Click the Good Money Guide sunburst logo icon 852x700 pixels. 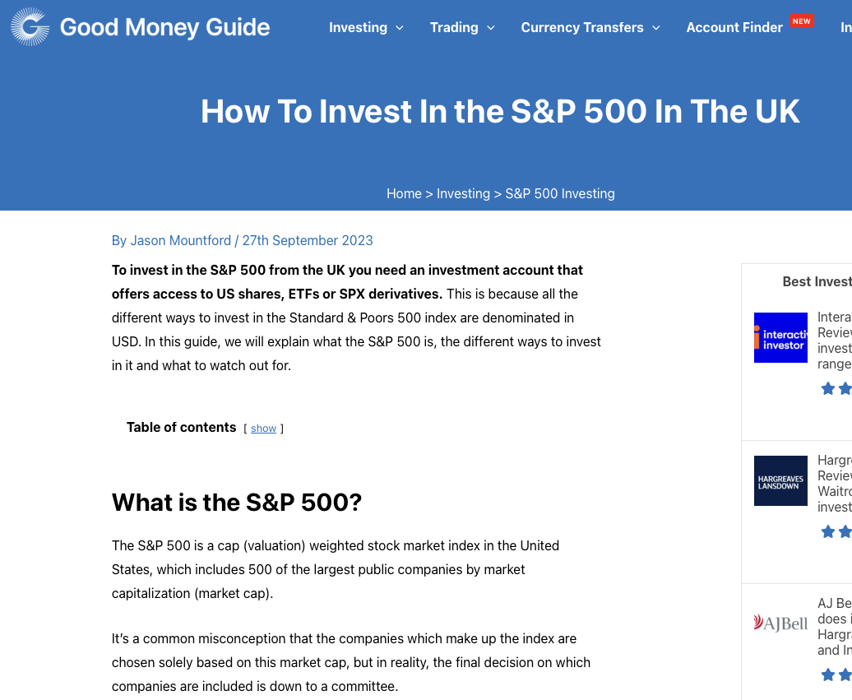(30, 27)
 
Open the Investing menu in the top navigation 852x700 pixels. (358, 27)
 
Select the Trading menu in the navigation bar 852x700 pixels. (454, 27)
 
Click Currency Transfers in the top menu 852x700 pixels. (582, 27)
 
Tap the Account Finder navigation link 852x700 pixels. (734, 27)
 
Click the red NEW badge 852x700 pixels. (801, 21)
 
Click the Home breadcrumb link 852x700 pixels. (404, 193)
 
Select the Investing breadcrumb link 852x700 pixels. (463, 193)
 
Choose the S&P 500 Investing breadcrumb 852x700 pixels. (560, 193)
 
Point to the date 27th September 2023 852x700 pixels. (308, 240)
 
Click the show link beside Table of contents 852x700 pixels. (263, 429)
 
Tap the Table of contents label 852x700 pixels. (181, 427)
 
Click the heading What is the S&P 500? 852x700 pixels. (237, 502)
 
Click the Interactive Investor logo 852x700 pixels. (780, 337)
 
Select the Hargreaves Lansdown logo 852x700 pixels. (780, 480)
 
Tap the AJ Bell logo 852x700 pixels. (780, 623)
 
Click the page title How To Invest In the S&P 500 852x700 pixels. (500, 111)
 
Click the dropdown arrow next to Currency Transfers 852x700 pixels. (656, 28)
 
